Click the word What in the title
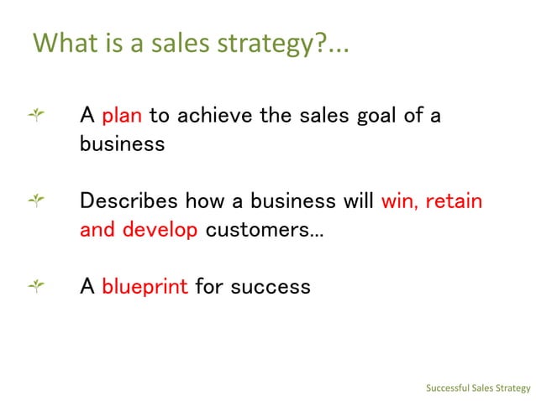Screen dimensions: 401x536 pyautogui.click(x=61, y=42)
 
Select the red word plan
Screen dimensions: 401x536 pyautogui.click(x=122, y=115)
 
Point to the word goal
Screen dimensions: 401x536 pyautogui.click(x=374, y=115)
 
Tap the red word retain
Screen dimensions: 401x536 pyautogui.click(x=455, y=201)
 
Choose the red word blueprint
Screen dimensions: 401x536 pyautogui.click(x=144, y=287)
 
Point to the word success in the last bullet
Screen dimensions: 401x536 pyautogui.click(x=271, y=287)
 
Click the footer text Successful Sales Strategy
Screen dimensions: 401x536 pyautogui.click(x=478, y=388)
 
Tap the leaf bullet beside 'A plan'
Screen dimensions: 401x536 pyautogui.click(x=36, y=114)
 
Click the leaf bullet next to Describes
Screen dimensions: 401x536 pyautogui.click(x=36, y=200)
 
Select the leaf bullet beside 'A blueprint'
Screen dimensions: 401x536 pyautogui.click(x=36, y=286)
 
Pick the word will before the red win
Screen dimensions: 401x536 pyautogui.click(x=357, y=201)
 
